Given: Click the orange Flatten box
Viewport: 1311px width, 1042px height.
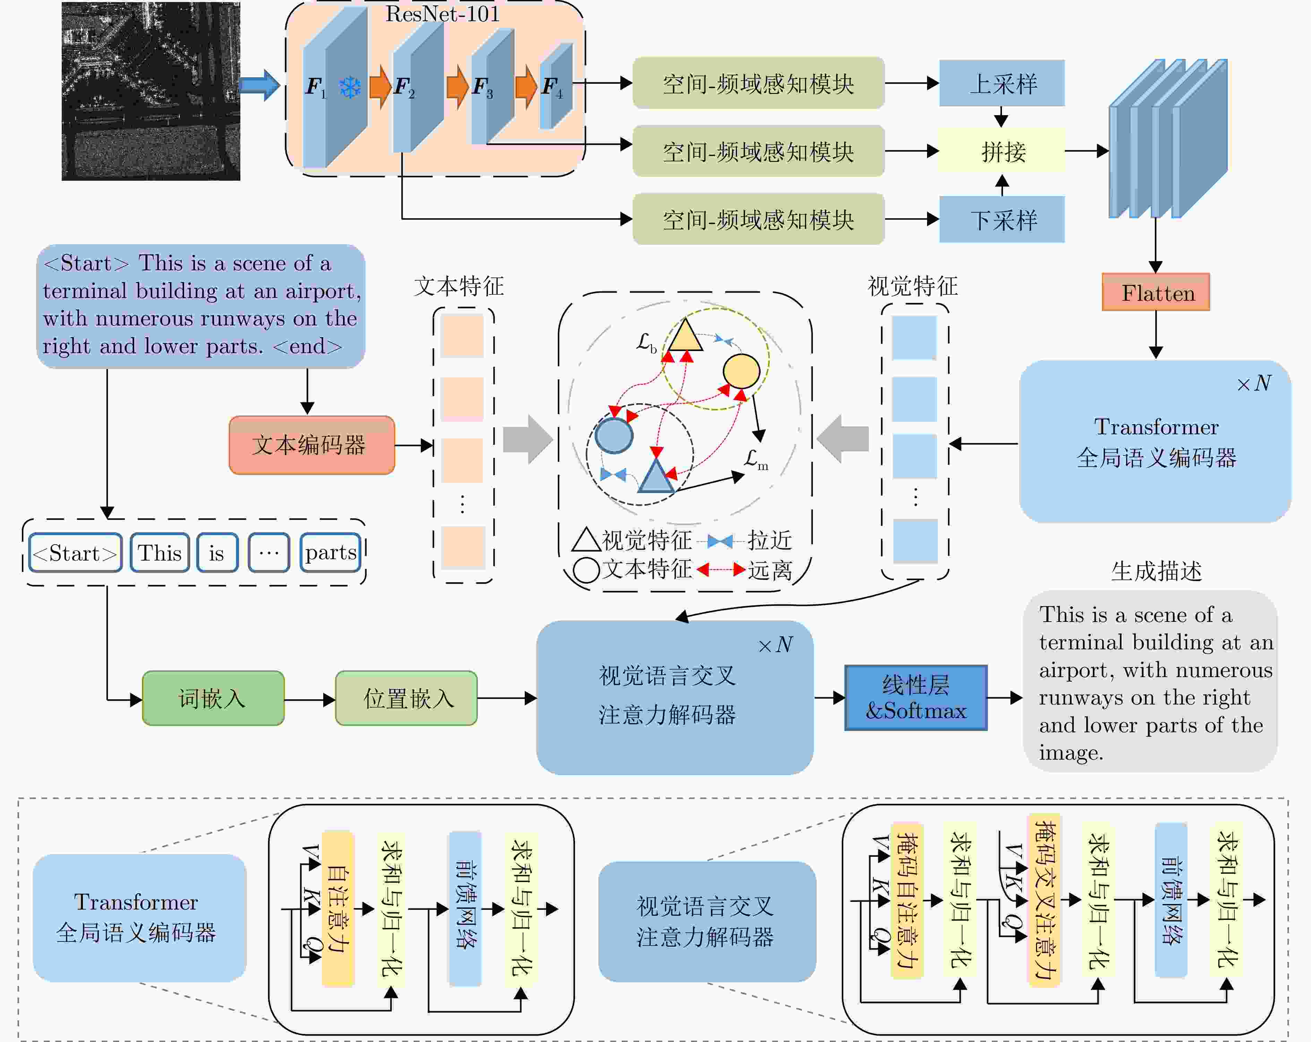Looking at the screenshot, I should pyautogui.click(x=1155, y=293).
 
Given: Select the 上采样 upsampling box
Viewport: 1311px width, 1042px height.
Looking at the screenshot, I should pyautogui.click(x=1002, y=83).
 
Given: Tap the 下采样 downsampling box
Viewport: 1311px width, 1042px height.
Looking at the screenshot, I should pyautogui.click(x=1002, y=220).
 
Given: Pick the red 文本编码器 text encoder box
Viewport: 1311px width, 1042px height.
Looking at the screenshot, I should pyautogui.click(x=311, y=445).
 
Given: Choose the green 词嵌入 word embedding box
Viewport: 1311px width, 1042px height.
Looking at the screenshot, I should pyautogui.click(x=213, y=698).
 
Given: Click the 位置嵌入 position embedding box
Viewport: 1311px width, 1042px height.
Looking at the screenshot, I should pyautogui.click(x=406, y=698).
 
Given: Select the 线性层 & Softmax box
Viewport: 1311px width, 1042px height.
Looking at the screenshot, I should pyautogui.click(x=915, y=698).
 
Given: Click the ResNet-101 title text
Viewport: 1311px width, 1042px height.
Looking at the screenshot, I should pyautogui.click(x=442, y=14).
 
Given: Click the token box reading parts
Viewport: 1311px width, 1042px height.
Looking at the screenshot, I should pyautogui.click(x=330, y=553).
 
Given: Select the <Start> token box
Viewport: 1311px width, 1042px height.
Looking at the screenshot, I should pyautogui.click(x=75, y=553).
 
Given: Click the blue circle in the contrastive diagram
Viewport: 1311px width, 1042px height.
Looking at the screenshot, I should pyautogui.click(x=614, y=434).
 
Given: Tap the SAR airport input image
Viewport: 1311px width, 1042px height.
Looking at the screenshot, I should pyautogui.click(x=151, y=91).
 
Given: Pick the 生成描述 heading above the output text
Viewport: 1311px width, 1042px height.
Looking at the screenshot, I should pyautogui.click(x=1156, y=571).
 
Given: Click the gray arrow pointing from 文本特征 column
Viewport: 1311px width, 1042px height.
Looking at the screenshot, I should pyautogui.click(x=526, y=439).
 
